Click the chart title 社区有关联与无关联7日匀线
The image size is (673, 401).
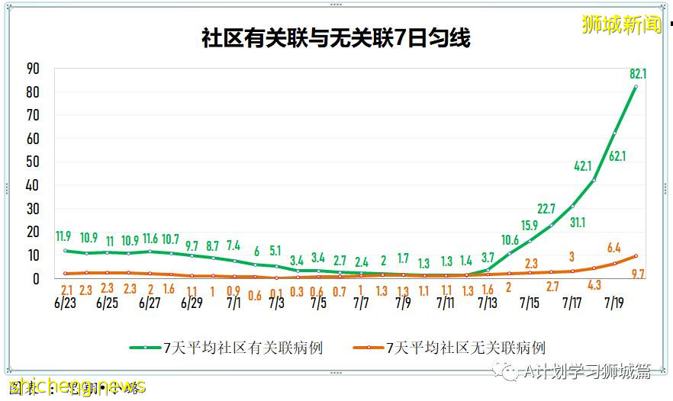pyautogui.click(x=336, y=37)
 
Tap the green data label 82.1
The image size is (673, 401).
pyautogui.click(x=638, y=74)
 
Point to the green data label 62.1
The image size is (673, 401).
pyautogui.click(x=617, y=156)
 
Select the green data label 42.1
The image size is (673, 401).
pyautogui.click(x=583, y=166)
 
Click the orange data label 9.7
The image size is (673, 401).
pyautogui.click(x=638, y=273)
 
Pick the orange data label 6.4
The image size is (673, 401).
pyautogui.click(x=614, y=248)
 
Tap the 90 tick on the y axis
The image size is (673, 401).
pyautogui.click(x=32, y=69)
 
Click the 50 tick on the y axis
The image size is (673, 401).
pyautogui.click(x=32, y=162)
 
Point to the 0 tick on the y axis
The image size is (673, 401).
pyautogui.click(x=36, y=279)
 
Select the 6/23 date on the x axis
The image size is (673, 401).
pyautogui.click(x=66, y=303)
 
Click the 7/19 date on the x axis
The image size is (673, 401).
pyautogui.click(x=615, y=303)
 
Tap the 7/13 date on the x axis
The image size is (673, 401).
pyautogui.click(x=488, y=303)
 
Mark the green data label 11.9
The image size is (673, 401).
pyautogui.click(x=64, y=236)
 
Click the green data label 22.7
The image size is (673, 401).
pyautogui.click(x=546, y=209)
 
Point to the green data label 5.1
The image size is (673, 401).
pyautogui.click(x=275, y=250)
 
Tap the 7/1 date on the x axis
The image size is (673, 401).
pyautogui.click(x=233, y=303)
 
